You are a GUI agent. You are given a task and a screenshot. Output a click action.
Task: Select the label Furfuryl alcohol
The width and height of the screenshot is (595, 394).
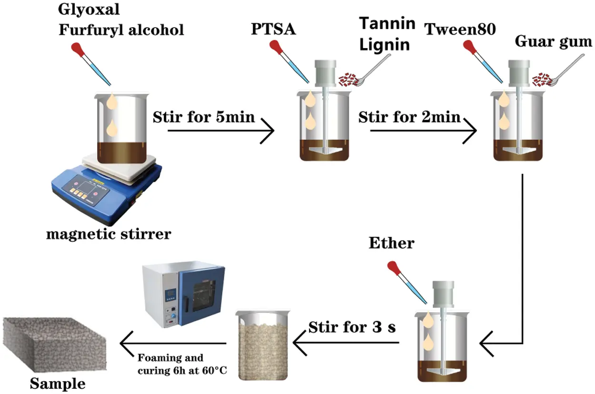point(121,30)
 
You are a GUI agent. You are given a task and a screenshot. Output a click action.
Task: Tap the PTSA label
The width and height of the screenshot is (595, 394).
point(273,30)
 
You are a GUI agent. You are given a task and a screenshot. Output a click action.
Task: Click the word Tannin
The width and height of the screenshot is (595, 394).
point(387,23)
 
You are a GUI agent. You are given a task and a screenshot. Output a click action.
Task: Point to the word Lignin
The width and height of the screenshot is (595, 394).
point(385,45)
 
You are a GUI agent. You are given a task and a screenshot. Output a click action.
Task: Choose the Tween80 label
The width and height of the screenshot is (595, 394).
point(460,30)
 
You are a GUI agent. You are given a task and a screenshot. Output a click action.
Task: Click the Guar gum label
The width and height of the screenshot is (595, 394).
point(553,42)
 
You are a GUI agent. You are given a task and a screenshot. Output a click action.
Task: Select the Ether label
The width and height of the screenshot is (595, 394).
point(391,243)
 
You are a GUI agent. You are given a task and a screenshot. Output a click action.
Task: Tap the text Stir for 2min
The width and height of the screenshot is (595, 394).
point(409,117)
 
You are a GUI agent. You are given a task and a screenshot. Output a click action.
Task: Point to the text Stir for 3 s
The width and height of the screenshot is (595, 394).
point(352,327)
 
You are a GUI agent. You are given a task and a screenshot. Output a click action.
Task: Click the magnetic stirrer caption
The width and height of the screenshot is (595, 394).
point(109,234)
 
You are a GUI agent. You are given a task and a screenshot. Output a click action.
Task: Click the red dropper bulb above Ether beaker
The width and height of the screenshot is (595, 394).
point(394,268)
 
